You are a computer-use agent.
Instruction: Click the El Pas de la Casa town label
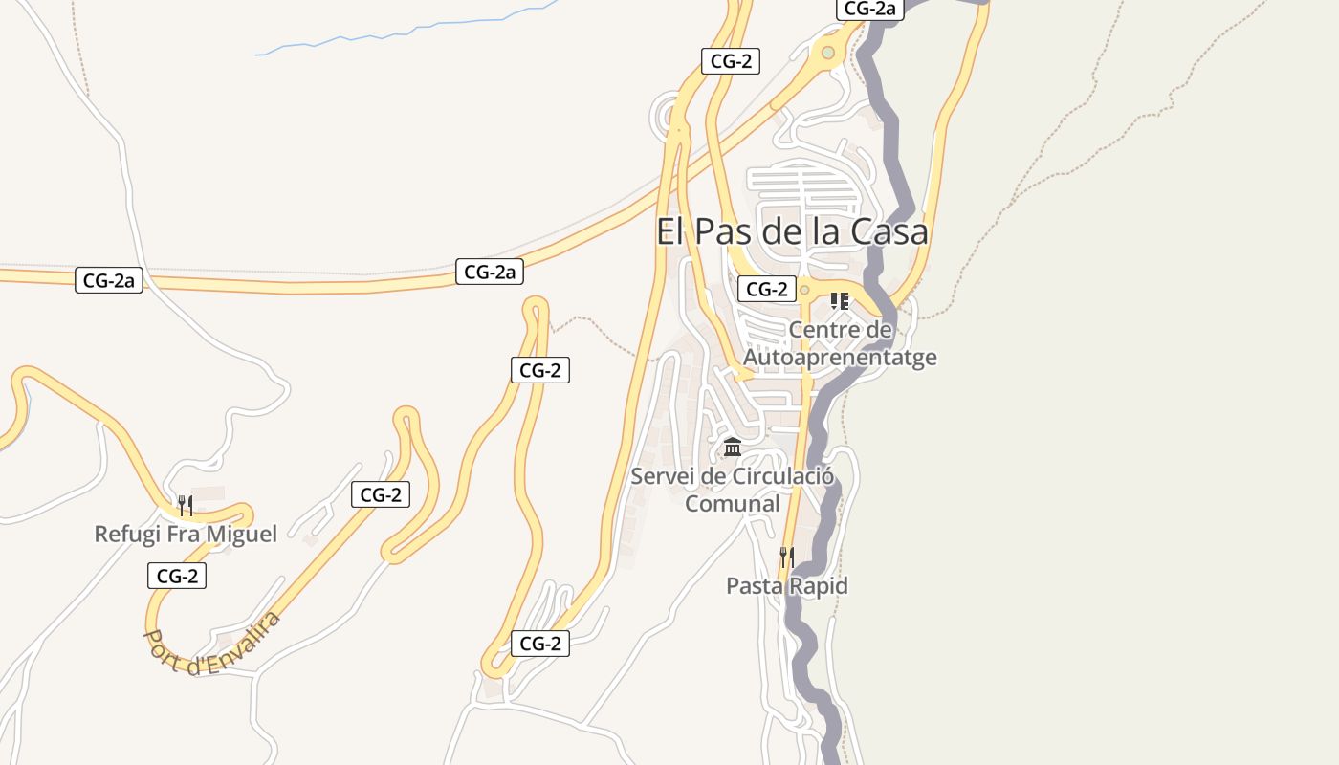coord(792,232)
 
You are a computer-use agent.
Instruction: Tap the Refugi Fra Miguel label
coord(186,534)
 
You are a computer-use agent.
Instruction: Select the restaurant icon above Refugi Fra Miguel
coord(186,505)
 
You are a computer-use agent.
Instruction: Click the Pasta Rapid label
coord(787,585)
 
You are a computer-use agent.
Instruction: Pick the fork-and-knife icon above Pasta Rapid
coord(787,557)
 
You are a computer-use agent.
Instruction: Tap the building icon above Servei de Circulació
coord(733,447)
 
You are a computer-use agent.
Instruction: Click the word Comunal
coord(733,504)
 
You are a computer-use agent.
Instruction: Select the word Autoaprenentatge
coord(840,358)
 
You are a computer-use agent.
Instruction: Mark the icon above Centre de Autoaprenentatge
coord(840,301)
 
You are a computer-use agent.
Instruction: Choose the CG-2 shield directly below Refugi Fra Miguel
coord(177,576)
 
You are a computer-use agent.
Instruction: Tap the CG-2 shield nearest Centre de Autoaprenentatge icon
coord(767,289)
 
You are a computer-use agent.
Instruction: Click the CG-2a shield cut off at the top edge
coord(869,9)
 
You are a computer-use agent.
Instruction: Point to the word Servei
coord(662,476)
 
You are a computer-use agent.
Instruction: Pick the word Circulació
coord(781,476)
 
